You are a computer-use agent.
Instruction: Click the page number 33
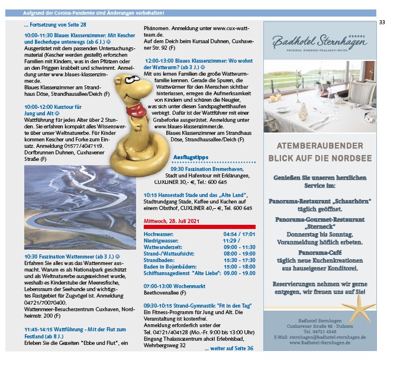click(x=382, y=22)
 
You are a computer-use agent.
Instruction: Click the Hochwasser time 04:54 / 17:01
click(x=240, y=234)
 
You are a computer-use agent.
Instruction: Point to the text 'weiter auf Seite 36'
click(x=229, y=348)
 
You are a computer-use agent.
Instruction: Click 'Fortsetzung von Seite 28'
click(x=55, y=25)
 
